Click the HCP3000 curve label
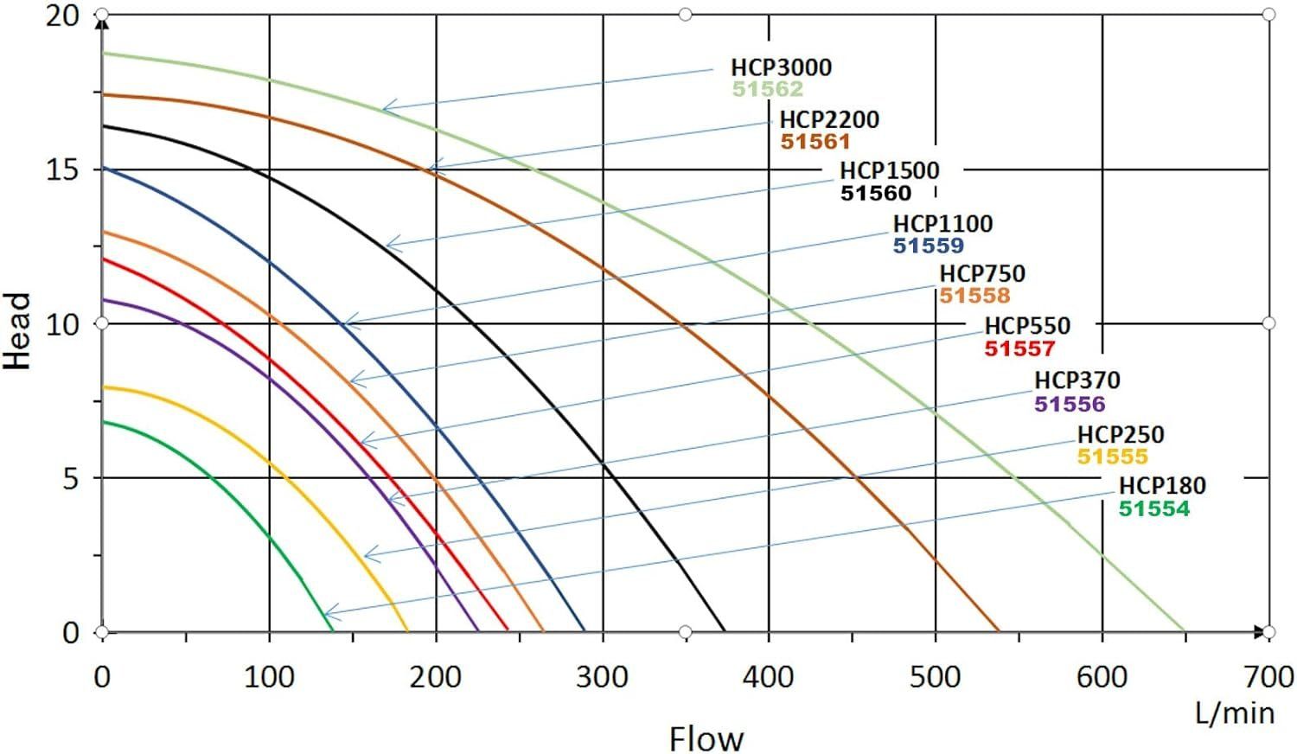coord(781,67)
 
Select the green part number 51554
coord(1153,509)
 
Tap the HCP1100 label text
coord(942,224)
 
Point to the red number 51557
coord(1019,349)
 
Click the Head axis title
coord(18,331)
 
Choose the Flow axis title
coord(706,739)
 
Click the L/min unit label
coord(1234,712)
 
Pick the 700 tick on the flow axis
coord(1267,676)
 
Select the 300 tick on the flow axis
coord(602,676)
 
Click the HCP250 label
coord(1120,434)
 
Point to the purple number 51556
coord(1070,404)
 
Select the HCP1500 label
coord(889,170)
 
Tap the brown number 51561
coord(815,142)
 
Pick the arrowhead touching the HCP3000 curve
coord(385,109)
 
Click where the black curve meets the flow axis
coord(724,632)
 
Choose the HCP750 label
coord(981,274)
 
